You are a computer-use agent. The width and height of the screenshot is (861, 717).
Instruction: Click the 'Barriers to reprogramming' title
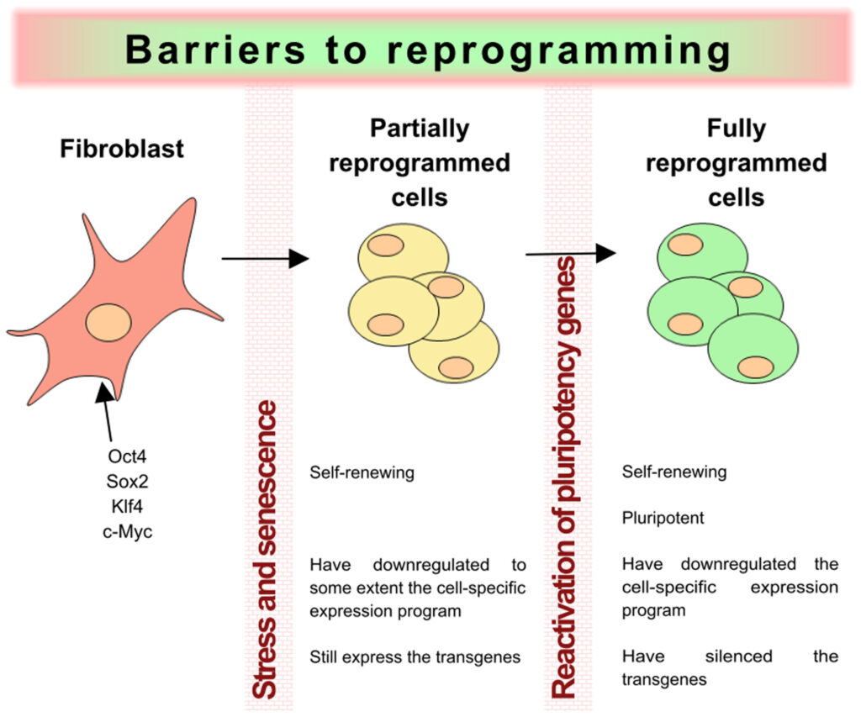pyautogui.click(x=429, y=50)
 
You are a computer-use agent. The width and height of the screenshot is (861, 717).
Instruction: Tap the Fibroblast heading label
pyautogui.click(x=122, y=150)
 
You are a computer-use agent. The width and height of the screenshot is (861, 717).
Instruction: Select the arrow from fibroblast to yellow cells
pyautogui.click(x=265, y=259)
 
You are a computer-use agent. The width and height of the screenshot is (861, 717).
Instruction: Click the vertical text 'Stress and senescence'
pyautogui.click(x=266, y=550)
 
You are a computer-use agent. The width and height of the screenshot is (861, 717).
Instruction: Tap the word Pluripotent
pyautogui.click(x=663, y=518)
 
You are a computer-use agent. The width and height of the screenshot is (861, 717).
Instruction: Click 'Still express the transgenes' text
pyautogui.click(x=415, y=656)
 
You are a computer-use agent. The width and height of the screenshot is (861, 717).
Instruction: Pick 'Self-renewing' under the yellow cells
pyautogui.click(x=362, y=472)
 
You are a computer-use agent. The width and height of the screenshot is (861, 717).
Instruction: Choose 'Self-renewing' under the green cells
pyautogui.click(x=674, y=472)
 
